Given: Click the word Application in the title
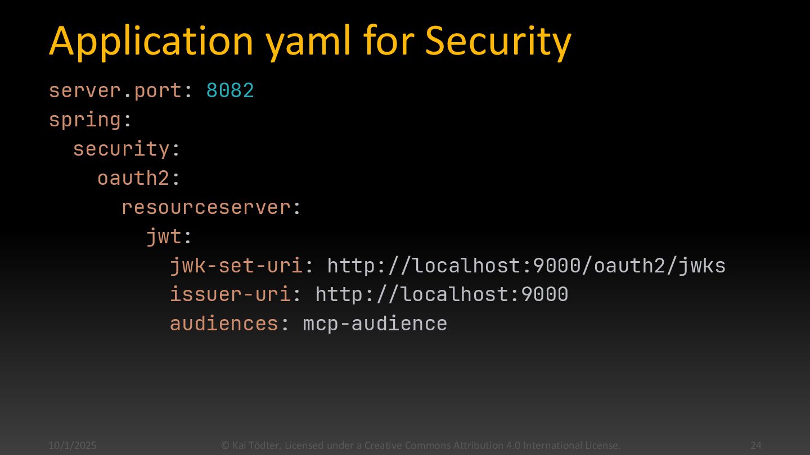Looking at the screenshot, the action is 151,42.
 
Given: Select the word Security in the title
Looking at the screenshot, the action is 498,42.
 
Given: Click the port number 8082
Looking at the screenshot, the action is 230,90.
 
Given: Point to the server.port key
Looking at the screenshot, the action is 115,90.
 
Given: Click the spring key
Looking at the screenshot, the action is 85,120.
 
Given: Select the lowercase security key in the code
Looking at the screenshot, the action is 121,149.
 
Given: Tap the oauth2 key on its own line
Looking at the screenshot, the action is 133,178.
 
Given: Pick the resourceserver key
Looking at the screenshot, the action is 206,207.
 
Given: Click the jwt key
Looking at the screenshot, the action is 164,236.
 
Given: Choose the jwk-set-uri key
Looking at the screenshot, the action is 236,266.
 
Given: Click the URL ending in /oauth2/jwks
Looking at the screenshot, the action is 526,266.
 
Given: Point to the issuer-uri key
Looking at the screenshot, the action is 231,294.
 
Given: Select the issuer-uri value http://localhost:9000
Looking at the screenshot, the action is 442,294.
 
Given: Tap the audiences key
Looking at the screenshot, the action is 224,324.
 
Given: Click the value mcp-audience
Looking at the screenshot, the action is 375,324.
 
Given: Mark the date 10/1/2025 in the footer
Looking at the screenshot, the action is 73,445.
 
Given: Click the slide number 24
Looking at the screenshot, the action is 755,445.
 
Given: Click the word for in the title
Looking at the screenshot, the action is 388,42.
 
